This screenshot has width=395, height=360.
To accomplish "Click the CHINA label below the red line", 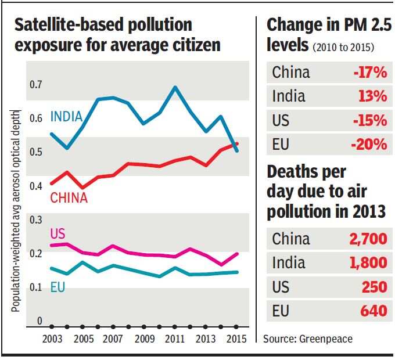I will pyautogui.click(x=69, y=198).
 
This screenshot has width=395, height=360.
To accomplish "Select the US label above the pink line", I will pyautogui.click(x=58, y=234).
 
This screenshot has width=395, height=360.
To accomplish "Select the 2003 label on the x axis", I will pyautogui.click(x=52, y=339).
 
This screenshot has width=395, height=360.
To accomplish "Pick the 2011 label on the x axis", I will pyautogui.click(x=175, y=339).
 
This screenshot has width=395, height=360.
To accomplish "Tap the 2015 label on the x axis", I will pyautogui.click(x=236, y=339).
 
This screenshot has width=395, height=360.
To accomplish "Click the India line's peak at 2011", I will pyautogui.click(x=175, y=87).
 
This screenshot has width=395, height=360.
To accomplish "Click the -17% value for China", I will pyautogui.click(x=369, y=73).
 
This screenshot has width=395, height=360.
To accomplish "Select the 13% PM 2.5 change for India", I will pyautogui.click(x=372, y=96).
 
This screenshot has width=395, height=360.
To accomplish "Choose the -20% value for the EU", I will pyautogui.click(x=369, y=145).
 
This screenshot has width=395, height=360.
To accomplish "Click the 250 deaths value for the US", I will pyautogui.click(x=374, y=287).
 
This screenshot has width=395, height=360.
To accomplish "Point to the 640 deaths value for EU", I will pyautogui.click(x=374, y=311).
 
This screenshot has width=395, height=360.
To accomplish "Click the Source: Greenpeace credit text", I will pyautogui.click(x=308, y=339).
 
